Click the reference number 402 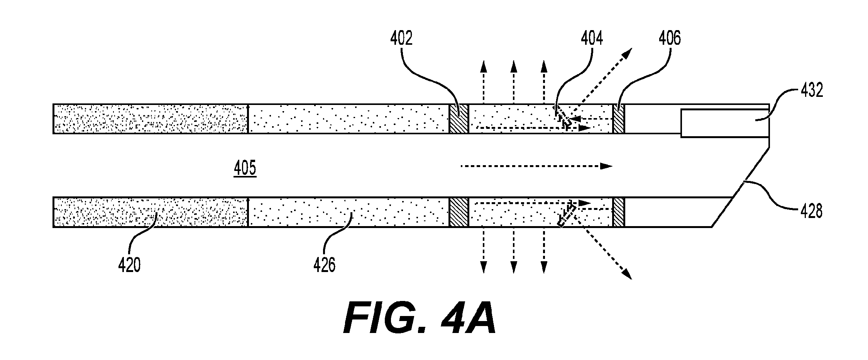[x=401, y=39]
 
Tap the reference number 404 [x=592, y=39]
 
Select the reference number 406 [x=670, y=39]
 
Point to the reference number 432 [x=812, y=91]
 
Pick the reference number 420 [x=129, y=266]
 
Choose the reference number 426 [x=324, y=266]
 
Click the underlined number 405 [x=245, y=169]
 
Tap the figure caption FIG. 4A [x=420, y=318]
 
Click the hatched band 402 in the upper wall [x=459, y=119]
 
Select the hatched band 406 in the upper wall [x=619, y=119]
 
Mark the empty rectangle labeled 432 [x=725, y=123]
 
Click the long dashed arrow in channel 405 [x=537, y=166]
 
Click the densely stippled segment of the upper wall [x=151, y=119]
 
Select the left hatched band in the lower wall [x=459, y=212]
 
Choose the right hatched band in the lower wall [x=619, y=212]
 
